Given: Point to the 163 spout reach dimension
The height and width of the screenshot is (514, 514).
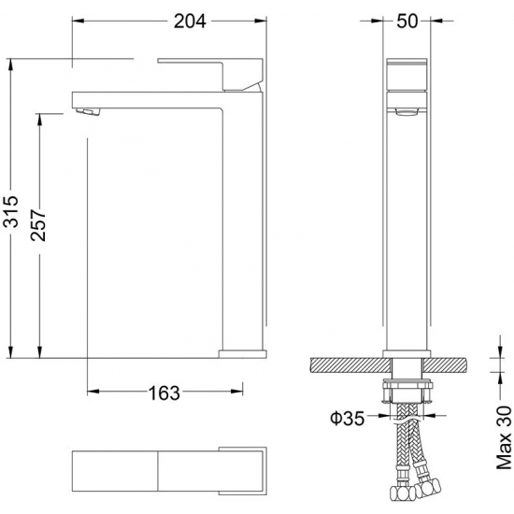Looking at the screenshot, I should coord(164,393).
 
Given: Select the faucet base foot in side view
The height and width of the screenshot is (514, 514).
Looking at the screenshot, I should coord(241,352).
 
